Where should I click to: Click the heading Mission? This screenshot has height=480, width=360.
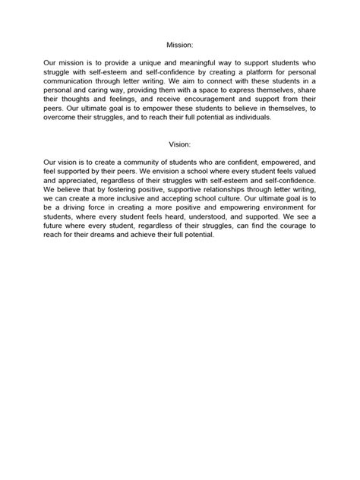pyautogui.click(x=179, y=44)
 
